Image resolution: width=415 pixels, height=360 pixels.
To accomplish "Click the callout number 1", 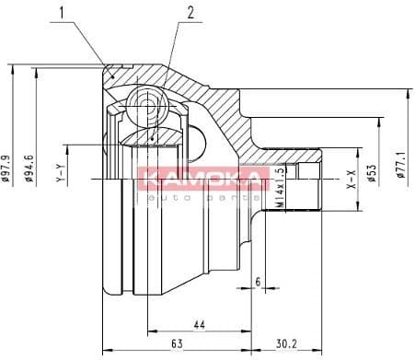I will pos(63,13).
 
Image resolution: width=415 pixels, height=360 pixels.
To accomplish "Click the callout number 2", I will pos(190,13).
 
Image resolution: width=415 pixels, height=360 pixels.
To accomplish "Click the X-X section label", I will pos(352,180).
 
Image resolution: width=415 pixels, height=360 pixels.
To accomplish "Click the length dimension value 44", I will pos(200,322).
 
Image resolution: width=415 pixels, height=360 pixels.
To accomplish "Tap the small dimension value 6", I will pos(258,281).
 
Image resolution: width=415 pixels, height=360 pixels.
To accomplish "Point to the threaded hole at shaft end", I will pos(304,171).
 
